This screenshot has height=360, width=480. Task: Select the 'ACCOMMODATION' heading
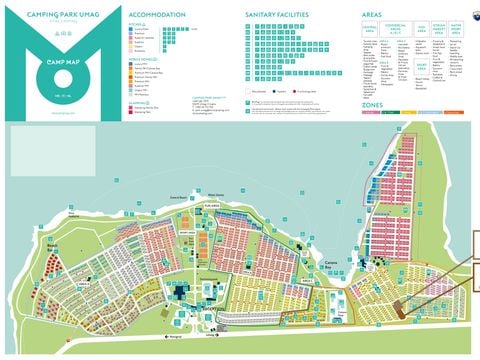158,17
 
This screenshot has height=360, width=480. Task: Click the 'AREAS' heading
372,17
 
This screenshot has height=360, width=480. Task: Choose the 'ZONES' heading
372,104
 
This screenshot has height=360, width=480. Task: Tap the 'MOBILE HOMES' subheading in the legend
146,59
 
